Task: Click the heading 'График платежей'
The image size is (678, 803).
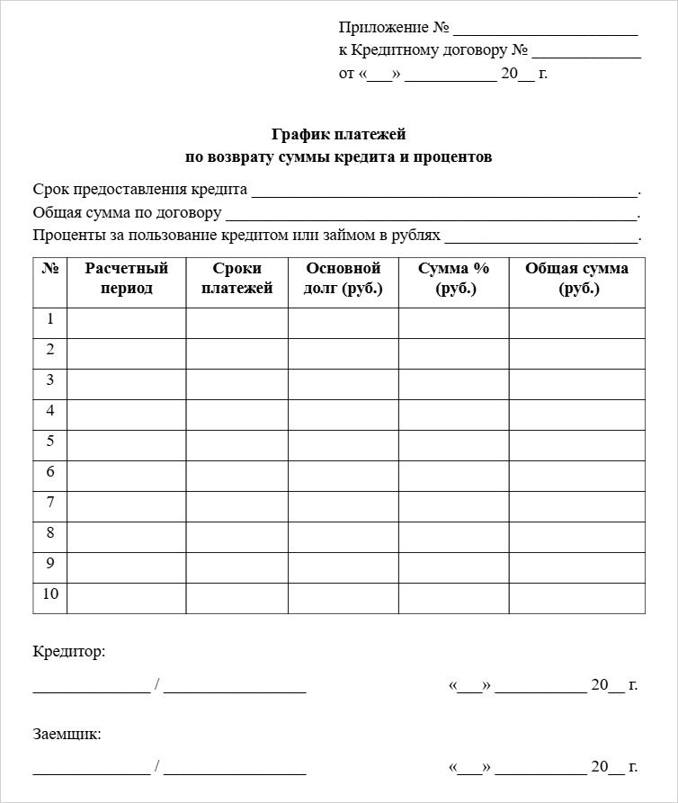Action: (339, 135)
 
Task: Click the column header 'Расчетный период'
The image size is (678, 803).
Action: (127, 279)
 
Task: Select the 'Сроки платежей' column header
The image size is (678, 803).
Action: (237, 279)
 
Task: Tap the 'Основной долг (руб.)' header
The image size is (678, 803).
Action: (343, 279)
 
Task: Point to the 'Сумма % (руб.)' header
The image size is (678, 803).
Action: (454, 279)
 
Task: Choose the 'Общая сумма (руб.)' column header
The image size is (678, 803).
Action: (577, 279)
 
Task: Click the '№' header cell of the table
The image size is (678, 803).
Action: (50, 269)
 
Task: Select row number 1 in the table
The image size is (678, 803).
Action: (50, 319)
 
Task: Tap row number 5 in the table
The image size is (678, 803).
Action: (50, 442)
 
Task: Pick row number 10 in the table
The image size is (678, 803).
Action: (50, 594)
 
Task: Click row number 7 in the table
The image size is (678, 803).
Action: (50, 503)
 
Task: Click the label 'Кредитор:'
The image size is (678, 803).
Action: (69, 652)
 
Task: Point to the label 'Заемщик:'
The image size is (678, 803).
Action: (67, 734)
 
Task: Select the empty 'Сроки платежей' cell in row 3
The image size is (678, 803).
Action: (237, 385)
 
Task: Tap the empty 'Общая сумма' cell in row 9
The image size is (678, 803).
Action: (577, 568)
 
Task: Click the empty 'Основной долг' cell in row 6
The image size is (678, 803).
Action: (343, 477)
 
